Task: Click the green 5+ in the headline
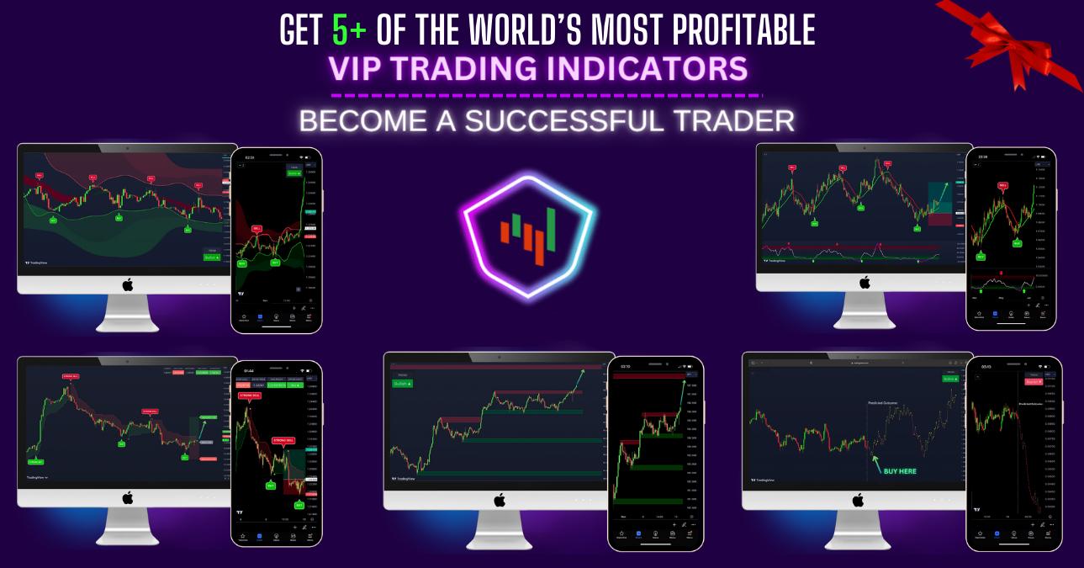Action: tap(347, 31)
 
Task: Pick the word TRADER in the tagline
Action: tap(737, 119)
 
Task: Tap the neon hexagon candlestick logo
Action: tap(528, 235)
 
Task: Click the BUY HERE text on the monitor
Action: tap(900, 471)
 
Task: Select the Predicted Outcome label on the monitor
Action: tap(882, 403)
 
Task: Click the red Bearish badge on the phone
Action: tap(1032, 381)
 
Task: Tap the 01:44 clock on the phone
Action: tap(249, 369)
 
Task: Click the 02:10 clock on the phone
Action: tap(625, 366)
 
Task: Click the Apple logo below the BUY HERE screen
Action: tap(858, 501)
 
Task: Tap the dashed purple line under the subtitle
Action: tap(547, 95)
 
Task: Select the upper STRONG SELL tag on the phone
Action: tap(249, 395)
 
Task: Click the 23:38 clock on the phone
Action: tap(983, 157)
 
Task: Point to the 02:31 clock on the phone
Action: tap(249, 157)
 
